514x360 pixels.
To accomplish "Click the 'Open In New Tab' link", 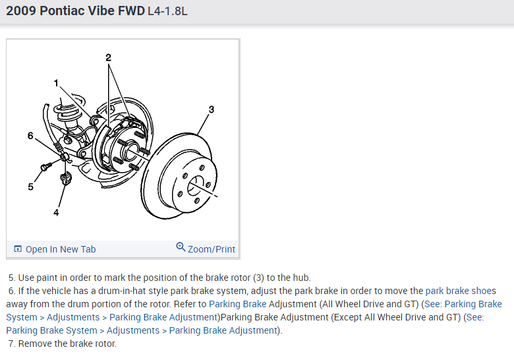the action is pyautogui.click(x=60, y=249).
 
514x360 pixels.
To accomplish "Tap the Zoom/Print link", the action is pyautogui.click(x=211, y=249).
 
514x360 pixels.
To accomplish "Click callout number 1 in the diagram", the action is pyautogui.click(x=57, y=83).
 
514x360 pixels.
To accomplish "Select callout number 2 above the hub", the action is pyautogui.click(x=109, y=58).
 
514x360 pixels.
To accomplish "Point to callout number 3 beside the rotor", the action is pyautogui.click(x=211, y=109).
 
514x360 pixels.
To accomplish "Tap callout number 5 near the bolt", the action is pyautogui.click(x=30, y=187).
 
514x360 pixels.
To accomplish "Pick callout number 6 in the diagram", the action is pyautogui.click(x=30, y=136).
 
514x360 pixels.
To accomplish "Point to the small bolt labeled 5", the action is pyautogui.click(x=44, y=167).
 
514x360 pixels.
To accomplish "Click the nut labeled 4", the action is pyautogui.click(x=65, y=179).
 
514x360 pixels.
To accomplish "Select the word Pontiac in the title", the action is pyautogui.click(x=63, y=11).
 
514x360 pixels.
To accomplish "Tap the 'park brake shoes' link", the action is pyautogui.click(x=461, y=291).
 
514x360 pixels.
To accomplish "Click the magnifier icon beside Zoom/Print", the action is pyautogui.click(x=181, y=247).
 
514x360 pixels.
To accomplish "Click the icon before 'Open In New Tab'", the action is pyautogui.click(x=18, y=249).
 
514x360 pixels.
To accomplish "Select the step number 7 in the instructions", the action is pyautogui.click(x=11, y=344).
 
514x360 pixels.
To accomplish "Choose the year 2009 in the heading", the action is pyautogui.click(x=21, y=11).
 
